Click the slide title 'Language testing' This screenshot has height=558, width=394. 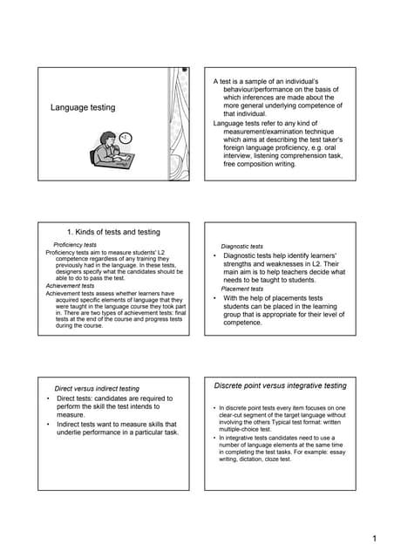[x=83, y=107]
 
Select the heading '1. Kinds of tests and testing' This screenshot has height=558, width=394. [x=114, y=232]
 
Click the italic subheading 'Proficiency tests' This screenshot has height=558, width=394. [x=75, y=245]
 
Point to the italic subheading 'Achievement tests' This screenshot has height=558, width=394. [x=70, y=285]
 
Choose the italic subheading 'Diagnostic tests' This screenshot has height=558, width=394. [x=242, y=247]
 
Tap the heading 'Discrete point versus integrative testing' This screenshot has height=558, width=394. [x=280, y=385]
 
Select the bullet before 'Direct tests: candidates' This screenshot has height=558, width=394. [x=48, y=398]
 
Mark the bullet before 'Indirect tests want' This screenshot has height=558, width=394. [x=48, y=424]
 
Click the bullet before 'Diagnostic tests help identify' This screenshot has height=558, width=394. [x=214, y=255]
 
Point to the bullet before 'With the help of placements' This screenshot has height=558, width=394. [x=214, y=298]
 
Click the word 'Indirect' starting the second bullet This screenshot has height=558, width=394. [x=72, y=424]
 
